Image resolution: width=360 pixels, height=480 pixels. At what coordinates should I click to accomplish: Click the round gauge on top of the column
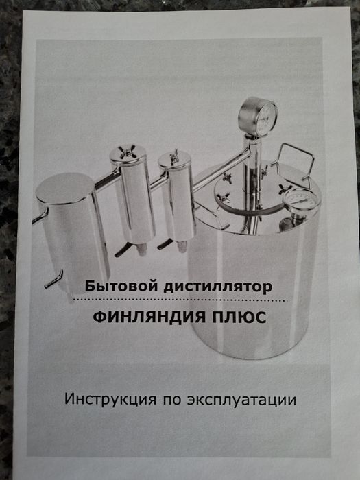(x=259, y=115)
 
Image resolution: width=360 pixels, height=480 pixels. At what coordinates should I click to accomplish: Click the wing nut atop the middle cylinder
(x=128, y=151)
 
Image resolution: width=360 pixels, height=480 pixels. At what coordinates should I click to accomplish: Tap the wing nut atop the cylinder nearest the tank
(x=174, y=157)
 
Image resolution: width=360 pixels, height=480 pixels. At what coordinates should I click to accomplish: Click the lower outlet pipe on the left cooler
(x=53, y=279)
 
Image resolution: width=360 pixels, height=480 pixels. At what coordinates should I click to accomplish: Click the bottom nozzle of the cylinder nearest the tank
(x=182, y=245)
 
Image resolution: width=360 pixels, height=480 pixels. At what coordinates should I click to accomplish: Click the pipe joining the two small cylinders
(x=158, y=182)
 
